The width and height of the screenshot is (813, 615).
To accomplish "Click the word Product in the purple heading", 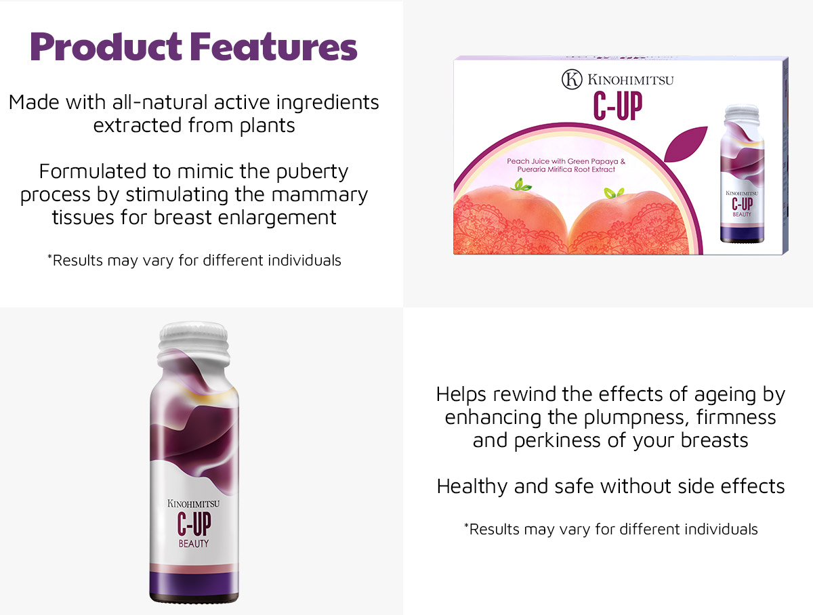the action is pos(106,47).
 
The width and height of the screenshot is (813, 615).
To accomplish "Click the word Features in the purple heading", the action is pos(274,47).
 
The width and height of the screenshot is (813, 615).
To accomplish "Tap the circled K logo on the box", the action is pos(572,79).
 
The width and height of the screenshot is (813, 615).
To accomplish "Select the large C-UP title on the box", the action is pos(618,106).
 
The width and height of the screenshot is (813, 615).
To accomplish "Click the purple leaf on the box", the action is pos(685,144).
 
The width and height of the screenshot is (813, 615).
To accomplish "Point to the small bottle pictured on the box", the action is pos(742,173).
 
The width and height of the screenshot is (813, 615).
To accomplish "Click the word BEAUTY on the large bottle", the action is pos(193,543).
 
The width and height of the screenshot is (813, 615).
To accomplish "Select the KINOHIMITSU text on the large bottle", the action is pos(193,503).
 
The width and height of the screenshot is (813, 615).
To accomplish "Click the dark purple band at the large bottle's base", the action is pos(194,584).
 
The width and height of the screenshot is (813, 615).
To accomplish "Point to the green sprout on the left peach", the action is pos(520,184).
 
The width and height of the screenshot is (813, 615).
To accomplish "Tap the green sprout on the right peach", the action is pos(614,192).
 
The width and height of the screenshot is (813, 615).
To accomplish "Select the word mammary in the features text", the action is pos(320,195).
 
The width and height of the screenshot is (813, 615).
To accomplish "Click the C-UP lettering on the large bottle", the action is pos(194,524).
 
